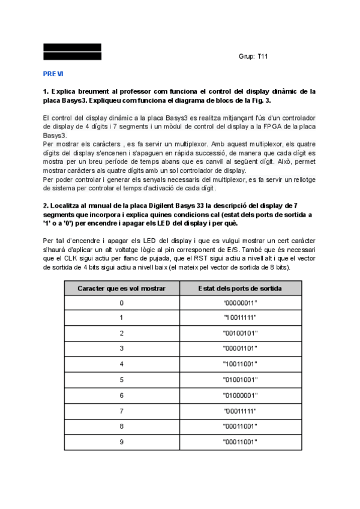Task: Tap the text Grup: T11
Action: pos(253,56)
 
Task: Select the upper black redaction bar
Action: pos(72,47)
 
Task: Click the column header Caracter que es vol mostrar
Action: pos(121,288)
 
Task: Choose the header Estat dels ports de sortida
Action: pos(240,288)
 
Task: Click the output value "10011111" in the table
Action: pos(240,318)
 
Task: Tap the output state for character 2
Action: pos(240,333)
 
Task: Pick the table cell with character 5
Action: pos(121,379)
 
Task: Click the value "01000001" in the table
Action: pos(240,395)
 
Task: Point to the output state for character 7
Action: pos(240,411)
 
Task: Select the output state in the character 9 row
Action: pos(240,442)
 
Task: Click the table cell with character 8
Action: pos(121,426)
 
